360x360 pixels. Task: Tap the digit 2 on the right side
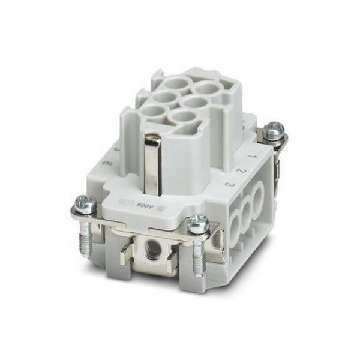click(239, 170)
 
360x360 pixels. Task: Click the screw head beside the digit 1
click(275, 127)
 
